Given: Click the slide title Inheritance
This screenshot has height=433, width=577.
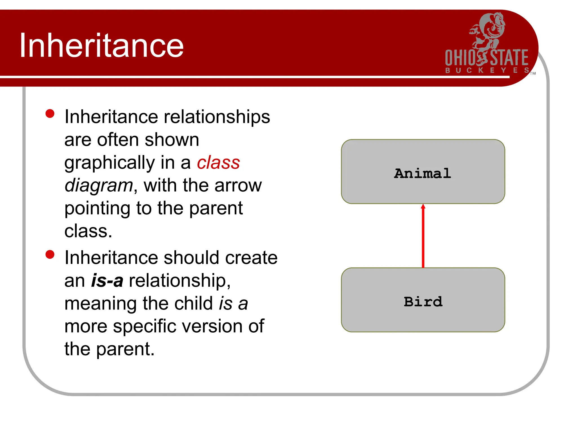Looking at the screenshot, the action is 101,45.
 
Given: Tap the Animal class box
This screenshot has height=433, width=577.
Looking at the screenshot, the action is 423,171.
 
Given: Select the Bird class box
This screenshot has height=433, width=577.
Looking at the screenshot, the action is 423,300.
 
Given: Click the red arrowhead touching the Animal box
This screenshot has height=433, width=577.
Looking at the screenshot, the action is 423,206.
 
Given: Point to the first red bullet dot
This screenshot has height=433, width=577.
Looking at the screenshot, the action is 50,114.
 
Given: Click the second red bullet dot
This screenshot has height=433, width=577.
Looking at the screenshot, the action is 50,254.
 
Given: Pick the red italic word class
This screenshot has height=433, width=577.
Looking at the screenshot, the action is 218,163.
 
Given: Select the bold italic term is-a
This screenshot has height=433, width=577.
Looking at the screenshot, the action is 107,280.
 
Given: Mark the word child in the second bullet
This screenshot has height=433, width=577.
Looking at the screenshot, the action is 193,303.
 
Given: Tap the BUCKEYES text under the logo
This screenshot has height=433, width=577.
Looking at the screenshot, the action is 487,70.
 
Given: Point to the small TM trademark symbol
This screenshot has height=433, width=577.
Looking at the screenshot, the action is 533,74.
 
